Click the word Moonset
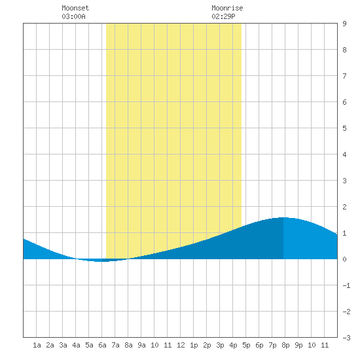pos(75,9)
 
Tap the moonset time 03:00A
pos(73,17)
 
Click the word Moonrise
pos(227,9)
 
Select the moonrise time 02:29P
pos(223,17)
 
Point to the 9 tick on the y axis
pos(344,24)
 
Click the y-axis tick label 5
pos(344,128)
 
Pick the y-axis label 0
pos(344,259)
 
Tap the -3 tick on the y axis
pos(346,338)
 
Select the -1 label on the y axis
pos(346,285)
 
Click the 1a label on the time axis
pos(37,345)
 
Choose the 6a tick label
pos(102,345)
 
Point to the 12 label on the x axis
pos(181,345)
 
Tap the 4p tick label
pos(233,345)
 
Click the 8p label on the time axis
pos(285,345)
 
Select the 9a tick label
pos(141,345)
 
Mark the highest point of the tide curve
pos(283,217)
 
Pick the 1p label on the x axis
pos(194,345)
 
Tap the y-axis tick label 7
pos(344,76)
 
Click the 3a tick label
pos(63,345)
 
